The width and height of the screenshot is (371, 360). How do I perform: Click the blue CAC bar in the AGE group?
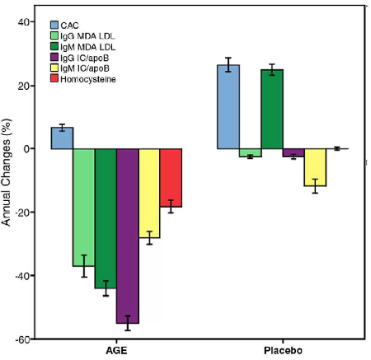coord(62,138)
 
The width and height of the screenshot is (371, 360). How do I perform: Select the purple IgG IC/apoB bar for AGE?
coord(128,236)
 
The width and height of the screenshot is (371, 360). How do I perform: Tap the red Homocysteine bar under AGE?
coord(171,178)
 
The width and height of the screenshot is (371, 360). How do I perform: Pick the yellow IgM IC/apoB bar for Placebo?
coord(315,167)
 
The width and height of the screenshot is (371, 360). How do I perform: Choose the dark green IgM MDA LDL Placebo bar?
coord(272,110)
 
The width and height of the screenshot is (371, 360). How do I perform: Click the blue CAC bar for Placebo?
coord(228,107)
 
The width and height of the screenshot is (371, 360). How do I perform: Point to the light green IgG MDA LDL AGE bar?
coord(84,208)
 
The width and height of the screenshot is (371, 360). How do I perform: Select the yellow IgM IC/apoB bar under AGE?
coord(149,194)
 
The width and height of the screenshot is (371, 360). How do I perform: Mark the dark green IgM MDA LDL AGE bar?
coord(106,218)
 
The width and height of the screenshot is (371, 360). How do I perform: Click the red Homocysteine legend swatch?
coord(54,78)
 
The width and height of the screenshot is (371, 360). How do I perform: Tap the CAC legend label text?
coord(69,26)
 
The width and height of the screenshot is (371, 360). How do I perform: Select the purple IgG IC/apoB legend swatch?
coord(54,57)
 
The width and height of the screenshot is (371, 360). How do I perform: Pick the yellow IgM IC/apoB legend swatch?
coord(54,68)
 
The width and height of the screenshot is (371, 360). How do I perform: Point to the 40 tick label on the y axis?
coord(24,22)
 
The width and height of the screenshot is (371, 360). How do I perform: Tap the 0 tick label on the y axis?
coord(26,149)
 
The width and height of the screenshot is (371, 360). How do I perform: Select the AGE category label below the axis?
coord(116,351)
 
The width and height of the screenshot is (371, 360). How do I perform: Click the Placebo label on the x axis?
coord(283,351)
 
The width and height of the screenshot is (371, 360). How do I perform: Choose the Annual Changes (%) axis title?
coord(6,172)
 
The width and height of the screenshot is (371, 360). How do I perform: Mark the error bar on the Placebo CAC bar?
coord(228,65)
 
